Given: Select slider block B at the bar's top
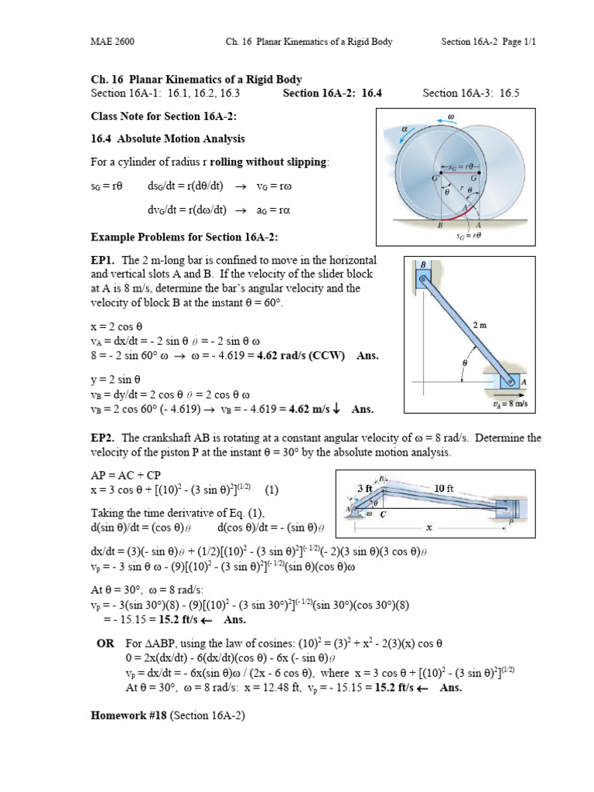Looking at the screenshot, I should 424,275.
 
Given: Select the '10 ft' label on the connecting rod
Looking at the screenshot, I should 444,488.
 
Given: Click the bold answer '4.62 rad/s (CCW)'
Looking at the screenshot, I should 302,356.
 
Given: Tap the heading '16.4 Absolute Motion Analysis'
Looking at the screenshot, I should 168,139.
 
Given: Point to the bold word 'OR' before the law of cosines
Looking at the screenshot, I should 104,643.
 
